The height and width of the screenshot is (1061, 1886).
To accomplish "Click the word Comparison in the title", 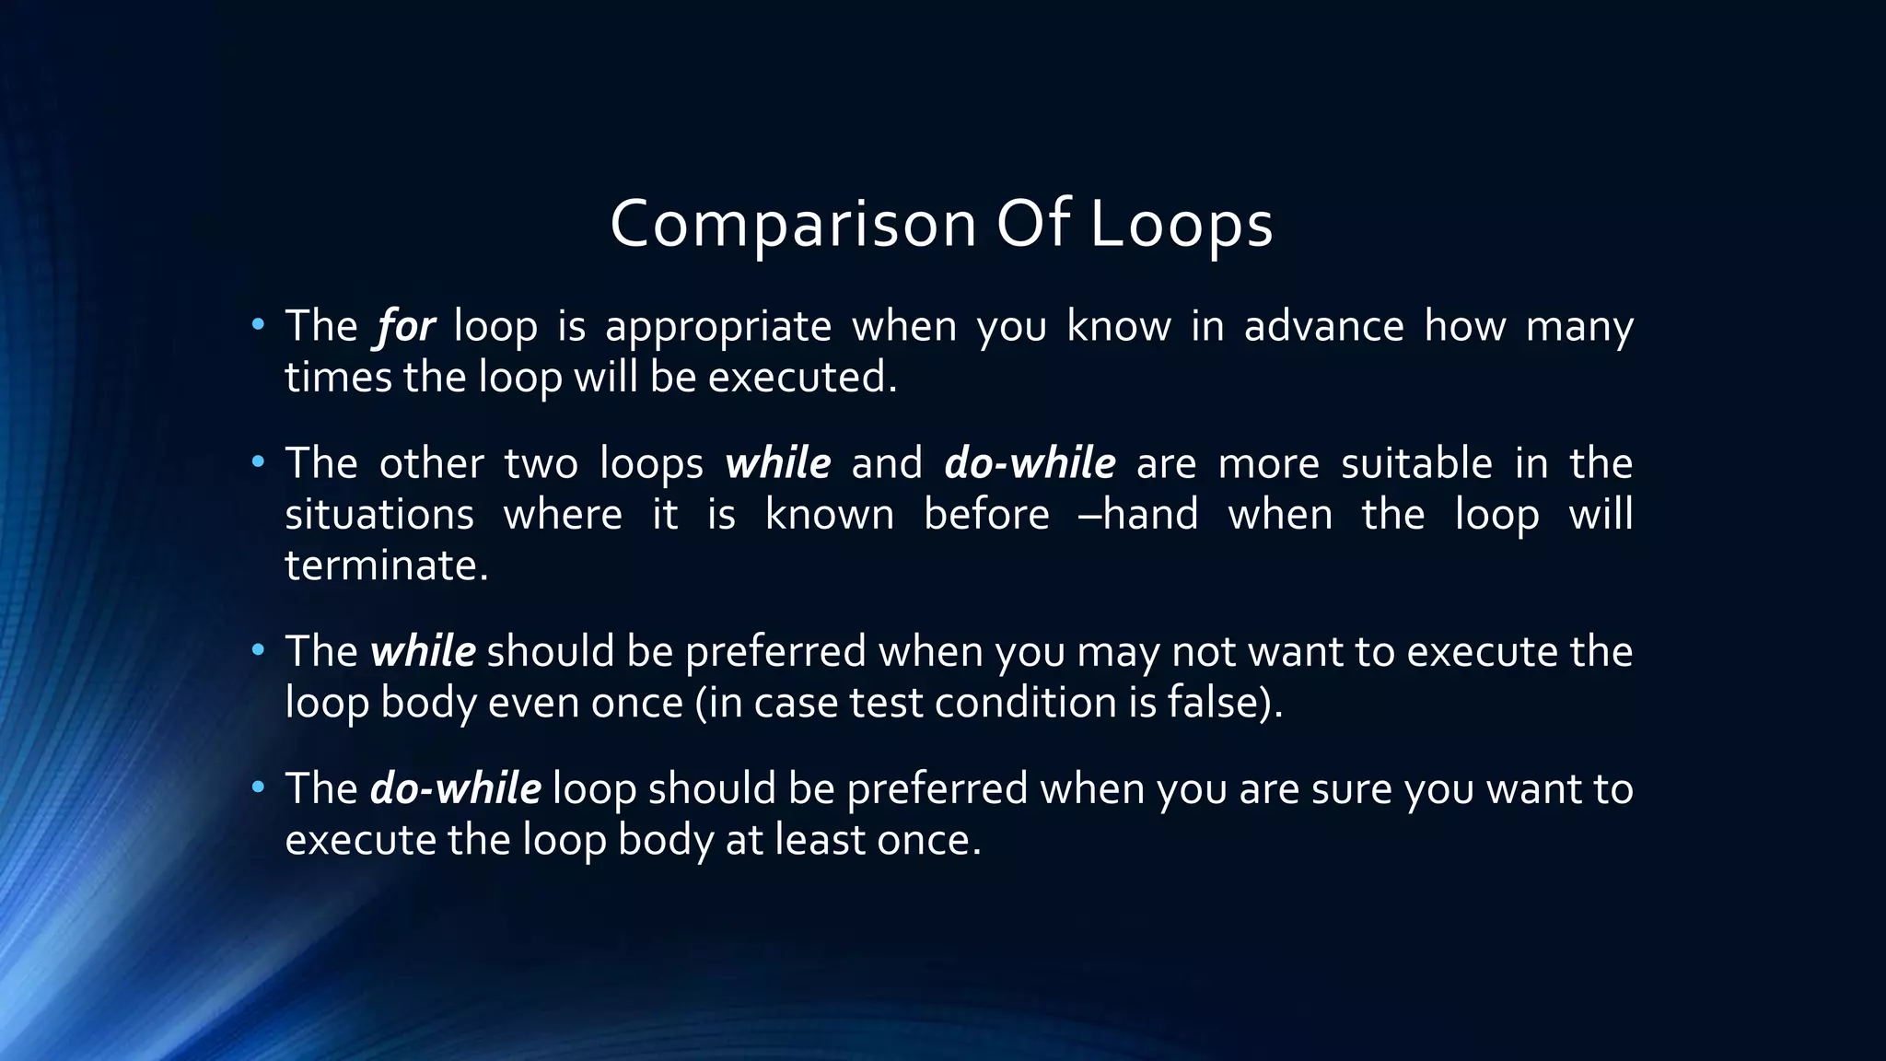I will pyautogui.click(x=792, y=226).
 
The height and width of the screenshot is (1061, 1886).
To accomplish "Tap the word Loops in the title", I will pyautogui.click(x=1182, y=226).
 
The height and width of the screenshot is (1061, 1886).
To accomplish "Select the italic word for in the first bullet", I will pyautogui.click(x=405, y=327).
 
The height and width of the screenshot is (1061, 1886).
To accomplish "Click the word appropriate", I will pyautogui.click(x=717, y=328).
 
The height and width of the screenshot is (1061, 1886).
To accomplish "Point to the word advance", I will pyautogui.click(x=1323, y=326).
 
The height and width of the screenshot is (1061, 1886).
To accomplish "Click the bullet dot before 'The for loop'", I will pyautogui.click(x=258, y=324).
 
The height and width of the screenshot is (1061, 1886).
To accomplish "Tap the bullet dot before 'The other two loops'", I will pyautogui.click(x=258, y=461).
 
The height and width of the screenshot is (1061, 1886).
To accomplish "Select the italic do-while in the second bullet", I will pyautogui.click(x=1030, y=463).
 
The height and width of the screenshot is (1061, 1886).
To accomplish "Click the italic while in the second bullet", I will pyautogui.click(x=777, y=463).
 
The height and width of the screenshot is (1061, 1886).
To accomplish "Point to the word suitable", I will pyautogui.click(x=1415, y=463).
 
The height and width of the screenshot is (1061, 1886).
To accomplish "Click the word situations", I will pyautogui.click(x=378, y=515).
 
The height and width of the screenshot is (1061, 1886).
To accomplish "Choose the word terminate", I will pyautogui.click(x=385, y=565).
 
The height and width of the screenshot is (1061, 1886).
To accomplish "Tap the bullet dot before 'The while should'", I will pyautogui.click(x=258, y=650).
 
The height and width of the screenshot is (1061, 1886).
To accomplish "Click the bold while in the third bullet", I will pyautogui.click(x=423, y=652).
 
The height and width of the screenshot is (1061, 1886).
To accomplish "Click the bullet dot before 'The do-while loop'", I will pyautogui.click(x=258, y=787).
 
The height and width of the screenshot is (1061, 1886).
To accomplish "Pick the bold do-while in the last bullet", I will pyautogui.click(x=455, y=789).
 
